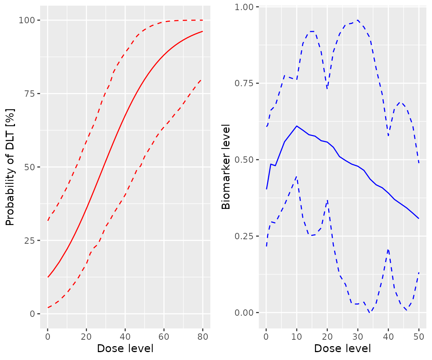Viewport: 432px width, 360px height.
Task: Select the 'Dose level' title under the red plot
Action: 125,348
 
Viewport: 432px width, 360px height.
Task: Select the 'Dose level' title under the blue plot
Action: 342,348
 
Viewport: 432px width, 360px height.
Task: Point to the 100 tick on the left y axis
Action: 27,20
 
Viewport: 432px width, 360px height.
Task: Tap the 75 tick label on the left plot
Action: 30,94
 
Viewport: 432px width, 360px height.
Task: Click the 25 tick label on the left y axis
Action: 30,240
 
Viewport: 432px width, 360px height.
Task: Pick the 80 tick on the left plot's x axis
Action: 202,336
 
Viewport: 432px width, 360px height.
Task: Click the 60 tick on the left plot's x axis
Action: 164,336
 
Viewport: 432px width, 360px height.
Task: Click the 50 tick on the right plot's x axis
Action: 419,336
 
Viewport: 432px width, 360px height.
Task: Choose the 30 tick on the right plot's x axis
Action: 358,336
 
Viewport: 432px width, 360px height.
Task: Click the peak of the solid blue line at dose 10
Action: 297,126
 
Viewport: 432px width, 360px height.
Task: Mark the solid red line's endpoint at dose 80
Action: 202,31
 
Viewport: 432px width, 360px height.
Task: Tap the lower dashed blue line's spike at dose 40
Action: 388,249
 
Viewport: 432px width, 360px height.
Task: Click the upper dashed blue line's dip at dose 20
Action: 327,88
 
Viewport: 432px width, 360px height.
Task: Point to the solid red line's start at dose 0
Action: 48,277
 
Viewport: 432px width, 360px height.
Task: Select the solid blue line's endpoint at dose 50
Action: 419,219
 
